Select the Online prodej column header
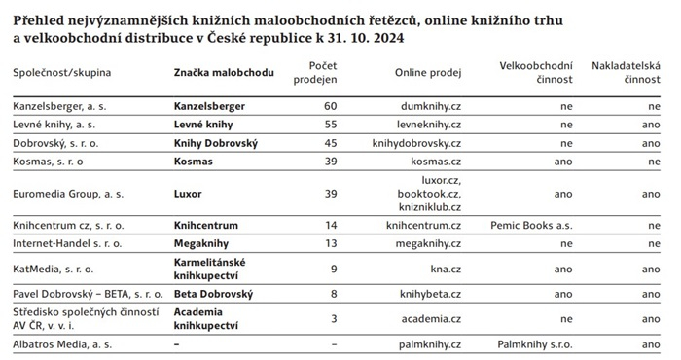tap(428, 73)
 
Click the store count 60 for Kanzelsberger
tap(330, 104)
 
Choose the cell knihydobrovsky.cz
tap(415, 141)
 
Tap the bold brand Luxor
tap(190, 194)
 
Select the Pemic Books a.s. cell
tap(529, 225)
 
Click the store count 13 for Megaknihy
tap(330, 242)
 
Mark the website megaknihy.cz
tap(428, 242)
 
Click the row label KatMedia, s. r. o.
tap(54, 268)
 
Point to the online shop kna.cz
tap(445, 268)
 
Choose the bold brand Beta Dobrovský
tap(213, 293)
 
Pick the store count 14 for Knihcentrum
tap(330, 225)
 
